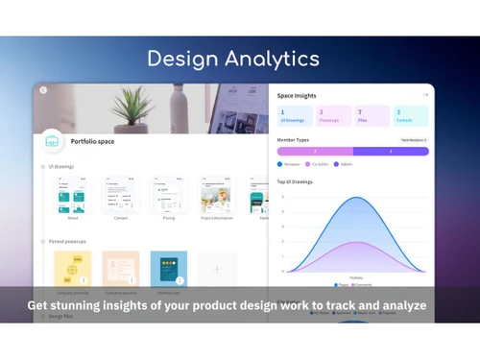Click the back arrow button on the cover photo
(43, 90)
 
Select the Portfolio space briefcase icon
(52, 141)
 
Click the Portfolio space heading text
(94, 142)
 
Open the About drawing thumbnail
(73, 196)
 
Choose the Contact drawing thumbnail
(121, 196)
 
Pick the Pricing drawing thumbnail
(168, 196)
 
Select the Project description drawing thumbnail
(215, 196)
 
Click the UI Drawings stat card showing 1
(294, 117)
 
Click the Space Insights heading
(298, 96)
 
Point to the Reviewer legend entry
(292, 164)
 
